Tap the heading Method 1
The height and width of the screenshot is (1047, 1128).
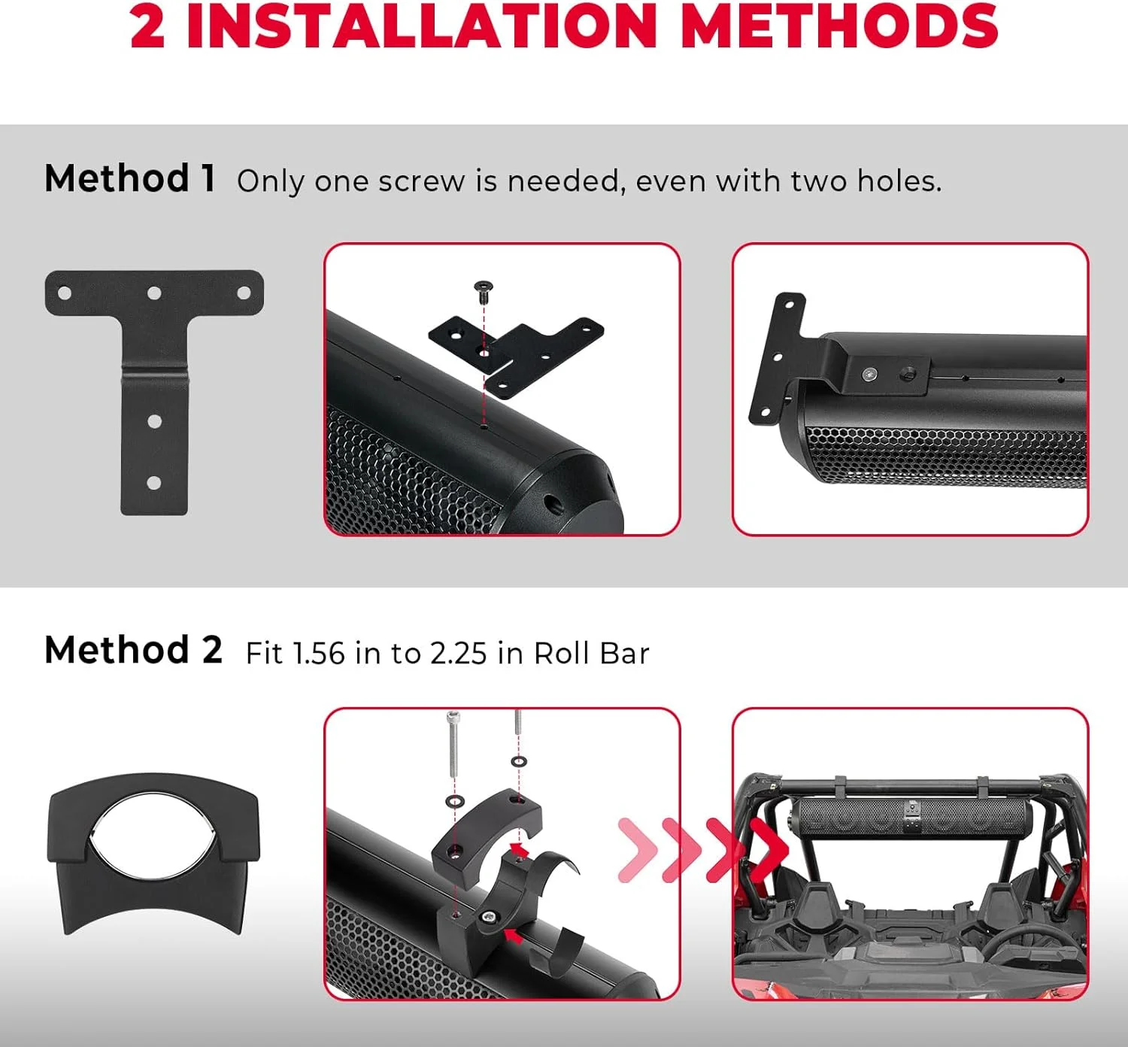[x=129, y=179]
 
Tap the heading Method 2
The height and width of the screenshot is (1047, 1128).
[x=133, y=650]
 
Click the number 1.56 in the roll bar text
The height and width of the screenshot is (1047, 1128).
[x=318, y=654]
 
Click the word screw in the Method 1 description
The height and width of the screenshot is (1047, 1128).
[x=421, y=181]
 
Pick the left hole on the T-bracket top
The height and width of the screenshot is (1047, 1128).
[x=65, y=293]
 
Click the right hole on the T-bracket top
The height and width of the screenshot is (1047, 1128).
[x=244, y=293]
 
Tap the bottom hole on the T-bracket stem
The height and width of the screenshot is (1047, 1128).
[x=154, y=483]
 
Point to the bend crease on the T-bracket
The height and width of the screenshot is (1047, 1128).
[x=154, y=370]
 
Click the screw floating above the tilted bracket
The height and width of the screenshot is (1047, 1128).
[x=483, y=290]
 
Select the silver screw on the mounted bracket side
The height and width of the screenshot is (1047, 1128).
[x=870, y=373]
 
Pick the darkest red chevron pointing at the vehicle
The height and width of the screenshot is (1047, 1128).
[x=766, y=851]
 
